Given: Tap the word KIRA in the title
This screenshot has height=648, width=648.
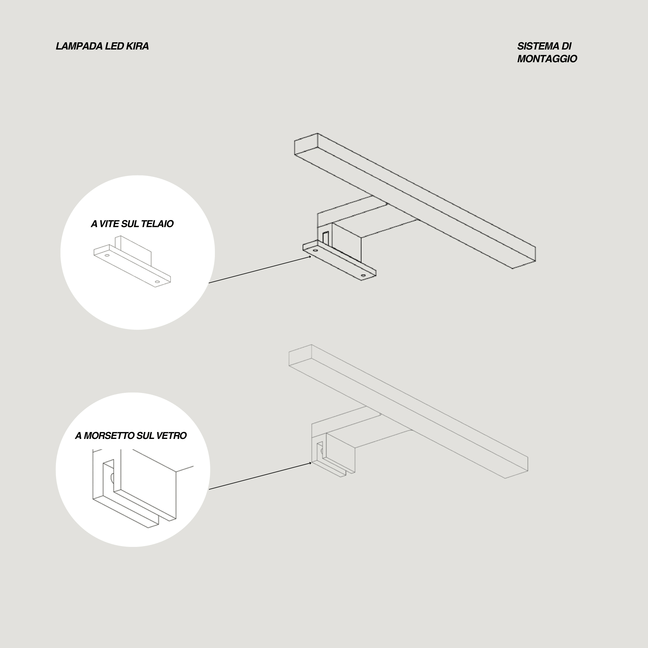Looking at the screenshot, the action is pos(137,46).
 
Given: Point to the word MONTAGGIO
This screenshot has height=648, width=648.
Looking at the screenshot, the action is pos(547,59).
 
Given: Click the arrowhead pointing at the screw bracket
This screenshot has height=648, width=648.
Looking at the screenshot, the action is pos(310,257).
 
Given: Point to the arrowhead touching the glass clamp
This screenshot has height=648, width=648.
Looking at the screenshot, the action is pos(310,463).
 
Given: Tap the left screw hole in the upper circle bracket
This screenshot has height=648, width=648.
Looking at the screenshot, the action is pos(107,255).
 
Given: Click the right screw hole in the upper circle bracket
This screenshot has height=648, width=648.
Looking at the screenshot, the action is pos(157,281).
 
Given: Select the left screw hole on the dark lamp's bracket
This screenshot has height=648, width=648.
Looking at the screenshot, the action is pos(315,250).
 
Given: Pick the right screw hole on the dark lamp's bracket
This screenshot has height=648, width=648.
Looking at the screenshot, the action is pos(363,275).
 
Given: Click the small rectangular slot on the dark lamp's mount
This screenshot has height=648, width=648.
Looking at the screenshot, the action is pos(325,238).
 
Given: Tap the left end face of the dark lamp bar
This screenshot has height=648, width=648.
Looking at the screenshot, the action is pos(306,144).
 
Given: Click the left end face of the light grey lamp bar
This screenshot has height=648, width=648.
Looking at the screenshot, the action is pos(300,355).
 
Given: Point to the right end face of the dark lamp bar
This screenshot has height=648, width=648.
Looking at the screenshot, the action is pos(524,257).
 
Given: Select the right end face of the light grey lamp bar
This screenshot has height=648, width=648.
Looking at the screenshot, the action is pos(516,467).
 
